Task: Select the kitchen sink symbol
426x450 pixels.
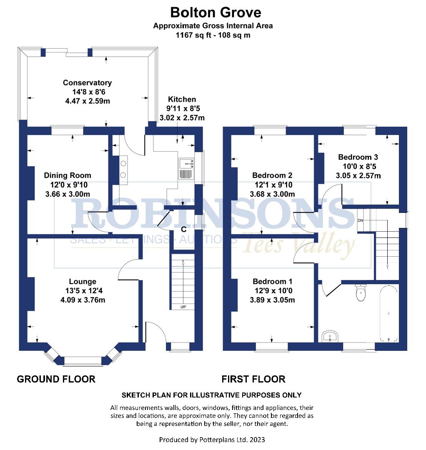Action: pos(186,169)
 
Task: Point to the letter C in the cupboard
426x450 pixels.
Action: pos(183,230)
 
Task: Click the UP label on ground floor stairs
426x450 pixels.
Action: pos(183,307)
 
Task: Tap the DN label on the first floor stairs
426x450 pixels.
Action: pos(361,220)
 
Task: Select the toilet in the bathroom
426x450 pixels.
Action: pos(361,293)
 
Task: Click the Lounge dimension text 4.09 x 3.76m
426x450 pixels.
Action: pos(83,299)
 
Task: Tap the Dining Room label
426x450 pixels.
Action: pos(68,175)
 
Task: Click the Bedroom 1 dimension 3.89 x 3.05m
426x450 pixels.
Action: pos(272,300)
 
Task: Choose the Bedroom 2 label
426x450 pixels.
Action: pos(272,175)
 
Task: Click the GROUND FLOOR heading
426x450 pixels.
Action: pos(56,379)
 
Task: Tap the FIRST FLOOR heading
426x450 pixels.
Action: pos(253,379)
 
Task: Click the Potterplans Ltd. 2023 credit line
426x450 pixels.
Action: pos(212,440)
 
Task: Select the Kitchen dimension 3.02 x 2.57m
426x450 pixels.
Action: pos(182,118)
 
